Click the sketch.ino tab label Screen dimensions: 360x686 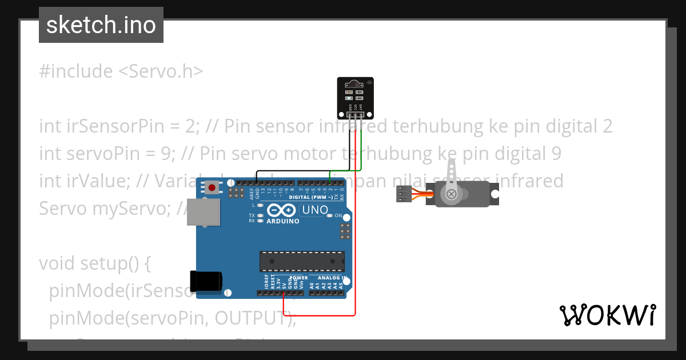[101, 25]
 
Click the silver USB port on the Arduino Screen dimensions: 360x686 [204, 211]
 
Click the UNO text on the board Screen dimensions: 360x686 [315, 210]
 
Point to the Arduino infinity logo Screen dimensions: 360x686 [283, 210]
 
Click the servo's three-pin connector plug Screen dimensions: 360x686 [404, 195]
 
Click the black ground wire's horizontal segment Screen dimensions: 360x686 [303, 170]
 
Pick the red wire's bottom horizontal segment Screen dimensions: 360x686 [320, 315]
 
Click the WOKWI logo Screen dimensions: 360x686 [607, 315]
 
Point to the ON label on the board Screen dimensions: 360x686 [338, 215]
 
